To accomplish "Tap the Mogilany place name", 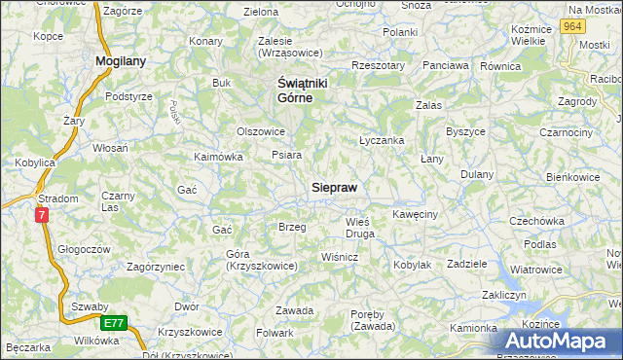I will coord(121,61).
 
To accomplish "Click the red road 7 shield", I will coord(42,216).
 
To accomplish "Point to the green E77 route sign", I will coord(113,322).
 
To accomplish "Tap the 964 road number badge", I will coord(573,27).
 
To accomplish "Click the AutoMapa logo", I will coord(562,341).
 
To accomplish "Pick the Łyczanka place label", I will coord(381,140).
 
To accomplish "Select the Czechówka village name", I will coord(537,221).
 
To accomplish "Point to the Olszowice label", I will coord(261,131).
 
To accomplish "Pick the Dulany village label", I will coord(477,174).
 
